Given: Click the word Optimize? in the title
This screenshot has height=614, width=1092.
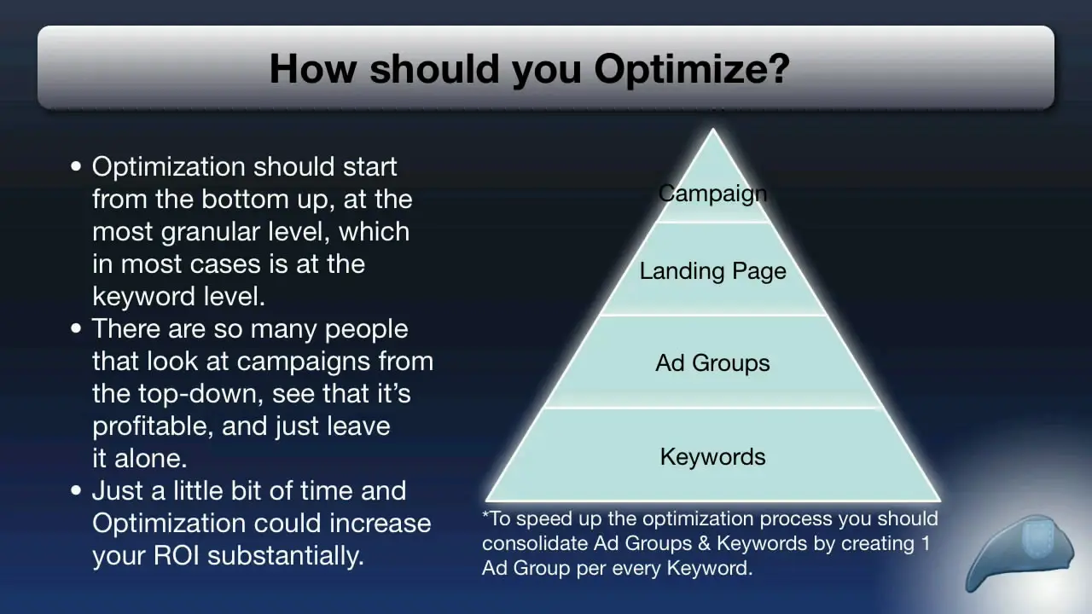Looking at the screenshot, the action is pos(692,69).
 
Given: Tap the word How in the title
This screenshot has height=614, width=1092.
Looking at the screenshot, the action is pos(313,68).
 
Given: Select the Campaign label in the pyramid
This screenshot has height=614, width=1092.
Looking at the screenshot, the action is pos(712,194).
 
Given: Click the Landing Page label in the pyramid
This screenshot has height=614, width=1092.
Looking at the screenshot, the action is pos(712,271).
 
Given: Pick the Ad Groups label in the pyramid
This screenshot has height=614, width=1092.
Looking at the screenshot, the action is pos(712,363).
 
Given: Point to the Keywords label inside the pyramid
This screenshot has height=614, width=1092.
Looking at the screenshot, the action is pos(712,456).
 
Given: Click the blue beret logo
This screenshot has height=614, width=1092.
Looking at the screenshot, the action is pos(1019,552).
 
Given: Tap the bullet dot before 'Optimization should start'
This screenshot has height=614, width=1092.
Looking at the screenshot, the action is pos(76,166).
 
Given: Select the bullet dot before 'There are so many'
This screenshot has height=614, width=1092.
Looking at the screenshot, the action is pos(76,328).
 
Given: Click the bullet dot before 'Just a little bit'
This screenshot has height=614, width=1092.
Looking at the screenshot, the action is pos(76,490).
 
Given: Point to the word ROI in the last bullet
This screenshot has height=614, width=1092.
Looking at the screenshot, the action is pos(177,555).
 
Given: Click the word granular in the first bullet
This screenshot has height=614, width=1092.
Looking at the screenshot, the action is pos(211,232).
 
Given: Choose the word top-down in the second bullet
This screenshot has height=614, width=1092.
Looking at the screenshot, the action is pos(200,394).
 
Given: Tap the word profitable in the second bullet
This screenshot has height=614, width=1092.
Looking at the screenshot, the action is pos(153,426).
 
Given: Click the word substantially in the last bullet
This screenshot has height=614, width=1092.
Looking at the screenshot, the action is pos(286,555).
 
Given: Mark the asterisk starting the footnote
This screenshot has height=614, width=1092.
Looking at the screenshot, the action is pos(485,514).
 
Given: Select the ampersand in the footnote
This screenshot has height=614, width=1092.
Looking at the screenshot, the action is pos(704,543).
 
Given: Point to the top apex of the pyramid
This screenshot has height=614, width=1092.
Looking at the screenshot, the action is pos(712,129).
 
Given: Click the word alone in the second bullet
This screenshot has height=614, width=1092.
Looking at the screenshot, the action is pos(150,459).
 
